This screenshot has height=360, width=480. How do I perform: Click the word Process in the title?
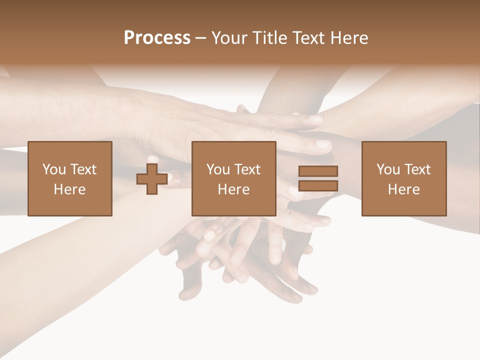click(x=157, y=38)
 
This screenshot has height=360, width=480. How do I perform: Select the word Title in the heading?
click(x=269, y=38)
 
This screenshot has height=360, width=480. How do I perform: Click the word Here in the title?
click(x=349, y=38)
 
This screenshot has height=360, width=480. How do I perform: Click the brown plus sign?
click(x=152, y=179)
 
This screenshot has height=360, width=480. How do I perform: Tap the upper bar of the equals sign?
click(x=318, y=171)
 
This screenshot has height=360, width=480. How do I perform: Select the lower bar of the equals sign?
click(x=318, y=186)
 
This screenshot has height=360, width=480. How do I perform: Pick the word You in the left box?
click(x=54, y=169)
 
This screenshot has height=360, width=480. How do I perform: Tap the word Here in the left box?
click(x=69, y=189)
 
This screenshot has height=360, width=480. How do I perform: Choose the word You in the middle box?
click(x=218, y=169)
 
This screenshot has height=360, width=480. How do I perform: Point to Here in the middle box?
click(x=233, y=189)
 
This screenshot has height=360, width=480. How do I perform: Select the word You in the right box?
click(x=388, y=169)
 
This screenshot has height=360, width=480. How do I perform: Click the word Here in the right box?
click(x=403, y=189)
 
